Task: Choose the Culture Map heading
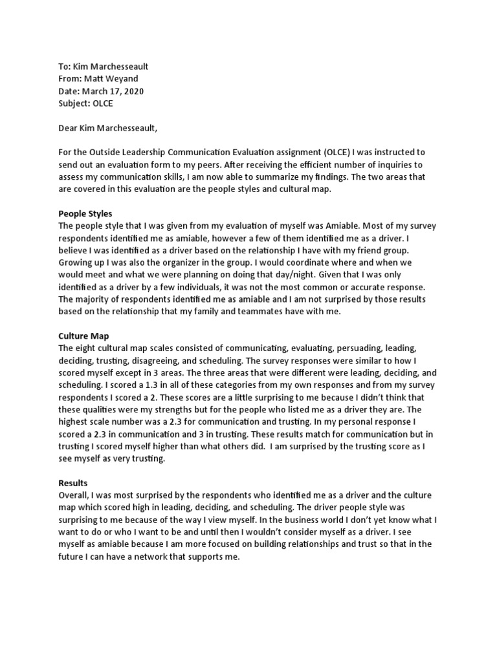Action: (x=83, y=336)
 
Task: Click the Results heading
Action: (x=73, y=483)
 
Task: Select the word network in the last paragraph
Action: (x=158, y=557)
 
